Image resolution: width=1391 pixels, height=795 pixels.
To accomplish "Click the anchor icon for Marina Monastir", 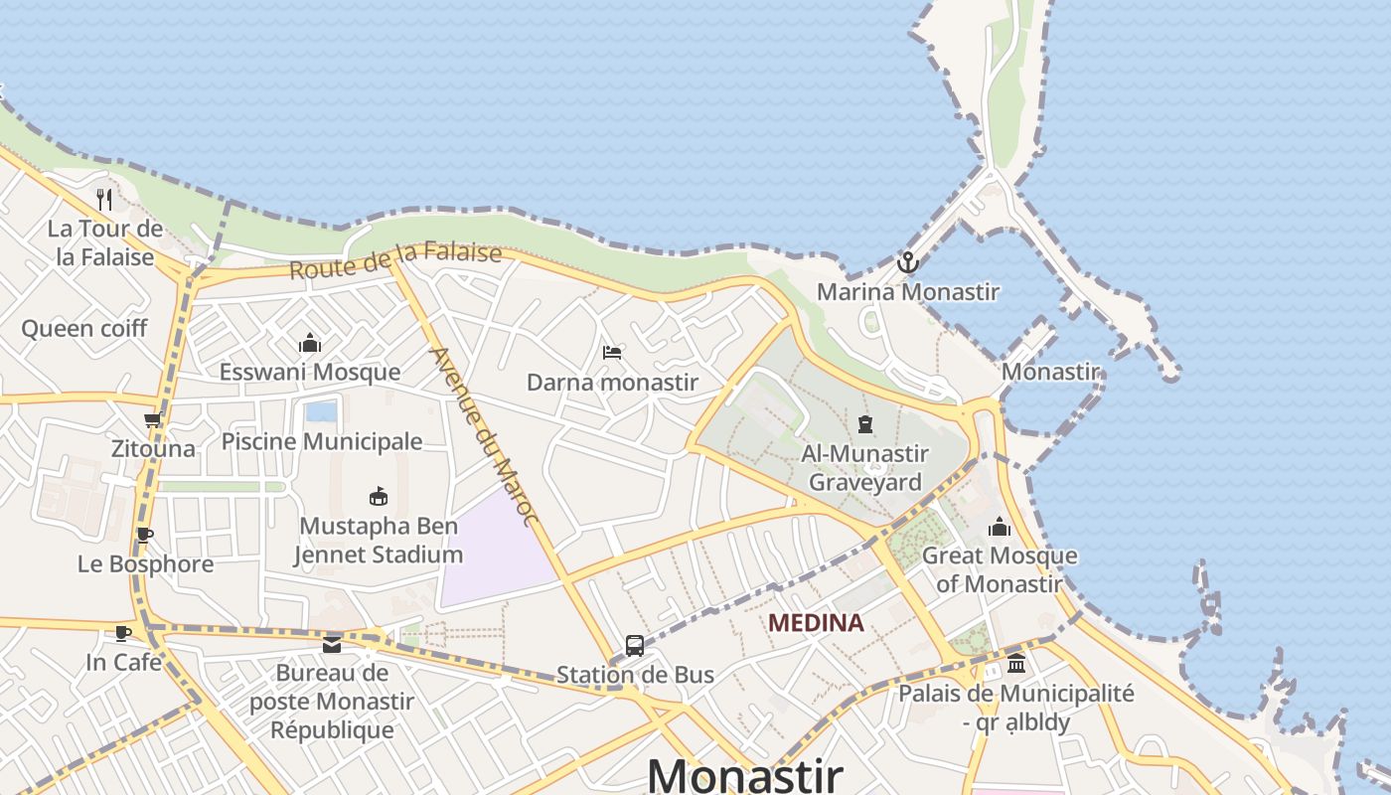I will pyautogui.click(x=907, y=262).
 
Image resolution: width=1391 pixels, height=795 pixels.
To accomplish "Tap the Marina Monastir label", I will pyautogui.click(x=907, y=292).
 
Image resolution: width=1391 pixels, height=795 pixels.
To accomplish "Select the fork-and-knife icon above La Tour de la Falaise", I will pyautogui.click(x=104, y=200).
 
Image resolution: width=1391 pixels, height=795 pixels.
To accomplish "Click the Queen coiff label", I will pyautogui.click(x=84, y=328).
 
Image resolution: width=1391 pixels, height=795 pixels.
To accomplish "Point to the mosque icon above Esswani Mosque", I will pyautogui.click(x=310, y=344).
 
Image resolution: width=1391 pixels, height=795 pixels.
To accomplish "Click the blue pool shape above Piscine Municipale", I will pyautogui.click(x=321, y=411).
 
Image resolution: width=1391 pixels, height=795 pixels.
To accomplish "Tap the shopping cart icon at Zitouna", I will pyautogui.click(x=152, y=420).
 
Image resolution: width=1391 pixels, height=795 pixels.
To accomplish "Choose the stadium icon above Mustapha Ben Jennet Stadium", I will pyautogui.click(x=379, y=496).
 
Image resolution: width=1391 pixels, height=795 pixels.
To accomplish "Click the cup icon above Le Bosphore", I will pyautogui.click(x=145, y=536).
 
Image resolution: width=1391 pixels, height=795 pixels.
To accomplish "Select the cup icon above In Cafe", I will pyautogui.click(x=123, y=633).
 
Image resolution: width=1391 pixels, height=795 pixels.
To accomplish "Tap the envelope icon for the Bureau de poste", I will pyautogui.click(x=332, y=645).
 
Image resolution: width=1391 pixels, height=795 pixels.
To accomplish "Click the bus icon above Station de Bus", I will pyautogui.click(x=635, y=646).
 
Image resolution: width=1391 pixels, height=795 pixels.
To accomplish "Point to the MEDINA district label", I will pyautogui.click(x=817, y=623).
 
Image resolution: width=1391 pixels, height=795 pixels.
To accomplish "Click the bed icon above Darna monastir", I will pyautogui.click(x=612, y=353).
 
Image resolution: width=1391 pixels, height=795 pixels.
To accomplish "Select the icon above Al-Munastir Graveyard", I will pyautogui.click(x=865, y=424).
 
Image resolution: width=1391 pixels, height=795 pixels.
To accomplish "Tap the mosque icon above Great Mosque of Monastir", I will pyautogui.click(x=1000, y=527).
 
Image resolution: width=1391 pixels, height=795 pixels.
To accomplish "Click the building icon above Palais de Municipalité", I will pyautogui.click(x=1015, y=664).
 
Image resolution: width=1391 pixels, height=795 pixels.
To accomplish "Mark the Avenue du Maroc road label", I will pyautogui.click(x=483, y=436).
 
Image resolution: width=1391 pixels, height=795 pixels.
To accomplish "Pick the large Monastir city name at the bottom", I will pyautogui.click(x=745, y=774).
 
